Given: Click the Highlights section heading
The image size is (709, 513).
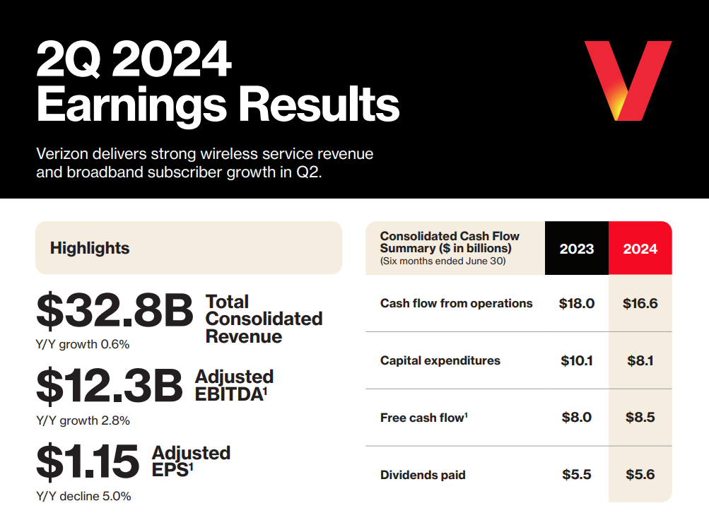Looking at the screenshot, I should pos(90,248).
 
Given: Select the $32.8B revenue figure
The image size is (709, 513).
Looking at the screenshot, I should pos(115,312).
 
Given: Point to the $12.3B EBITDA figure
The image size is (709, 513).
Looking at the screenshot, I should pos(110,386).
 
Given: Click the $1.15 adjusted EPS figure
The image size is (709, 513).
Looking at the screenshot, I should pos(88,461).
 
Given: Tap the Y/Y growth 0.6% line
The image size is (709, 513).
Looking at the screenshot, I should pos(83,345).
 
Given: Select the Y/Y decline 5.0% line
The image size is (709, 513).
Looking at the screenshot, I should pos(83,496).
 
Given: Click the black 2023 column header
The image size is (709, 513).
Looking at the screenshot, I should pos(577,249).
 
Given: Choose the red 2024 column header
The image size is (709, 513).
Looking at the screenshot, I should pos(640,249).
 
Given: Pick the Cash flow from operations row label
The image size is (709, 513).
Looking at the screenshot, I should pos(456,303).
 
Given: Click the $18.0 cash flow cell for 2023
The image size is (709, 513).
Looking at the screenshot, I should pos(578,303).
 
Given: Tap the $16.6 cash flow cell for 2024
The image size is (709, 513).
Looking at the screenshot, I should pos(640,303).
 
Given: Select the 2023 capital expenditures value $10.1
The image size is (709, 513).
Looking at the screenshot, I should pos(577,360).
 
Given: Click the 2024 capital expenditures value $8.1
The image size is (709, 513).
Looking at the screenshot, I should pos(640,360).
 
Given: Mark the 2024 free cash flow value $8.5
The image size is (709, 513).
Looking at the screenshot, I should pos(640,418).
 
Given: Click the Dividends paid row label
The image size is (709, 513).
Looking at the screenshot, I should pos(423,475).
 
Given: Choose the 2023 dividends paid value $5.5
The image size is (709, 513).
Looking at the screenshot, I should pos(577,475).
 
